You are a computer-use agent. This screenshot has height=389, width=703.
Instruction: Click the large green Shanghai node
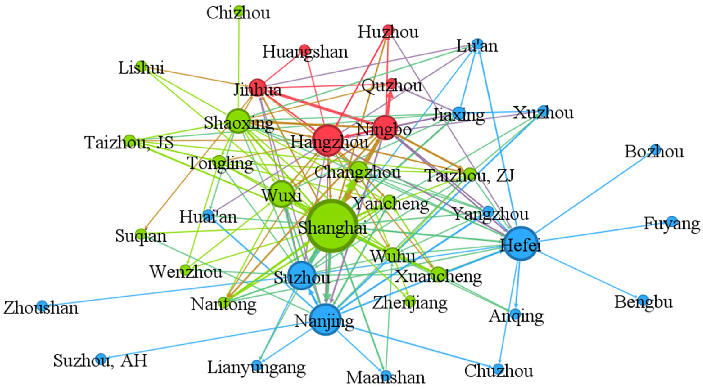[x=332, y=226]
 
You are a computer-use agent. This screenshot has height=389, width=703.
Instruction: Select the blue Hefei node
[x=521, y=243]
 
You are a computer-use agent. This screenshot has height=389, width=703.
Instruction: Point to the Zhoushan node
[x=42, y=305]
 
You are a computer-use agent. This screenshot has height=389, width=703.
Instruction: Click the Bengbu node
[x=643, y=299]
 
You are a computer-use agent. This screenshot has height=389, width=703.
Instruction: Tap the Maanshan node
[x=386, y=375]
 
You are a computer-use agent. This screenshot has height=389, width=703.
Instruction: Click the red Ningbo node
[x=385, y=128]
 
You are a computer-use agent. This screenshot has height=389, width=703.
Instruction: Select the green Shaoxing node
[x=238, y=121]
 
